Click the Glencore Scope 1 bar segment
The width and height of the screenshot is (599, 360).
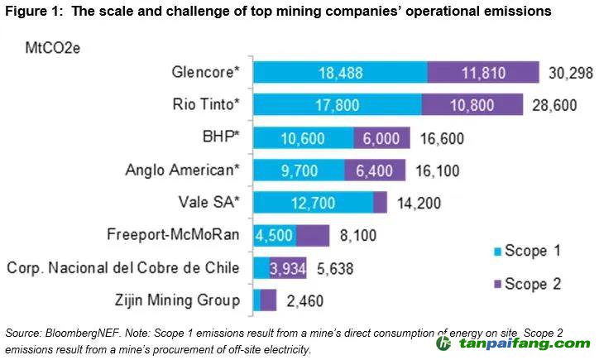point(340,73)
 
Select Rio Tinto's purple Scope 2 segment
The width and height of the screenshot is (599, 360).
point(472,105)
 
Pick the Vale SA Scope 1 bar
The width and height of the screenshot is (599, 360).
point(313,203)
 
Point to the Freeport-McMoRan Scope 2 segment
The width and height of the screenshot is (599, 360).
point(313,235)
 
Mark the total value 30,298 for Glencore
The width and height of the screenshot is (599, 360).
point(570,73)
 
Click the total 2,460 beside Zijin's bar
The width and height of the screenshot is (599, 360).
point(304,300)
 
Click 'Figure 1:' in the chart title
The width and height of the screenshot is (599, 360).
point(32,12)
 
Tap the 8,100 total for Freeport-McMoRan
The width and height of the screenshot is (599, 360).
point(358,236)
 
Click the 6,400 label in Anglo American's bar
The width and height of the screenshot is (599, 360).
point(375,170)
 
